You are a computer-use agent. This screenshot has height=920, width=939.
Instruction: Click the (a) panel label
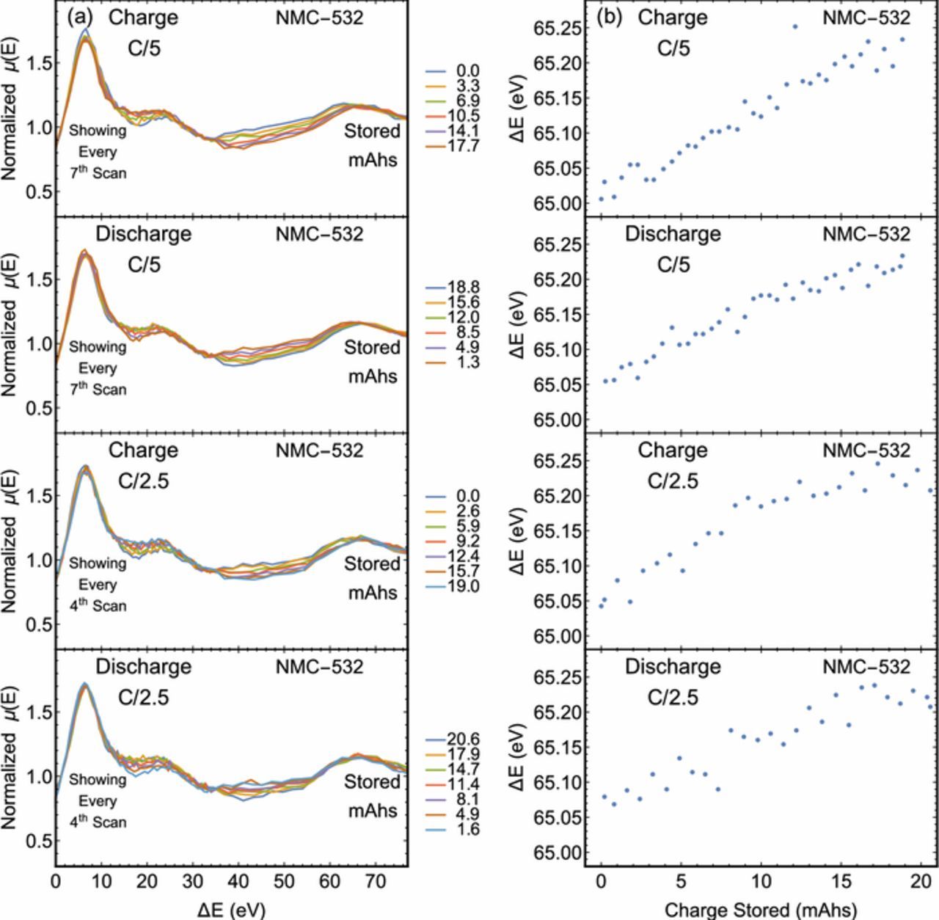click(x=79, y=17)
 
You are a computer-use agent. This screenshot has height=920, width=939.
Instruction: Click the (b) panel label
click(x=609, y=17)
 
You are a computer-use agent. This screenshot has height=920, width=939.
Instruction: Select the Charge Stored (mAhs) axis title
click(x=760, y=910)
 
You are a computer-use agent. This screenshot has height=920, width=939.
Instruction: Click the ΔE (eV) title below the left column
click(x=231, y=910)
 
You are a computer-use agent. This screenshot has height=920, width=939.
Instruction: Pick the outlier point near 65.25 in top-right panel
click(x=794, y=26)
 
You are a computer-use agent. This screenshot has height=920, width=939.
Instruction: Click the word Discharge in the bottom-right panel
click(x=672, y=667)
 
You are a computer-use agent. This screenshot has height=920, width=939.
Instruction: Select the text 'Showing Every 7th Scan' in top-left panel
click(x=98, y=152)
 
